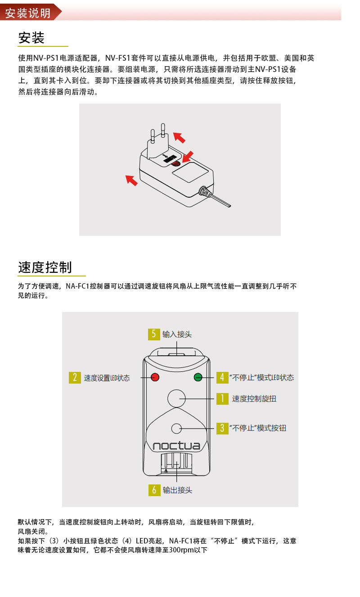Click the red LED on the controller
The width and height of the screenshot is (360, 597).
click(155, 377)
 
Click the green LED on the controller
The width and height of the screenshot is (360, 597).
click(198, 377)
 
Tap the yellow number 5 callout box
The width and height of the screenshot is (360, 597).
click(154, 334)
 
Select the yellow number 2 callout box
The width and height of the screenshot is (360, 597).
click(75, 377)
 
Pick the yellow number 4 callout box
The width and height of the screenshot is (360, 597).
click(222, 377)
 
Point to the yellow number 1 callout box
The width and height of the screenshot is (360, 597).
click(222, 399)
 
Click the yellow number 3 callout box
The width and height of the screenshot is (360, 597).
click(222, 428)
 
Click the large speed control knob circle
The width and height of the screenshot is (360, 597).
click(176, 398)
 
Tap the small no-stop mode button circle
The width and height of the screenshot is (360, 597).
click(176, 429)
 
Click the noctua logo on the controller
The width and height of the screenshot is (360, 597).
click(176, 446)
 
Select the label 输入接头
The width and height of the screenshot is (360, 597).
click(177, 334)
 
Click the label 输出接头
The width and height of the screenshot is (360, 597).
click(177, 490)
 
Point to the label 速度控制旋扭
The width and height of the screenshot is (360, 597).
click(254, 399)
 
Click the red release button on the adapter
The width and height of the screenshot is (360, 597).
click(176, 163)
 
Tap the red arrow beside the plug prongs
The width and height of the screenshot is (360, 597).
click(180, 137)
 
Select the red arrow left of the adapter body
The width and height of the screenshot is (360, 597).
click(132, 180)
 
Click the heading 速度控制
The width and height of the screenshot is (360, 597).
click(45, 267)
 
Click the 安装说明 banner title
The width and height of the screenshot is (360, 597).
click(28, 13)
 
